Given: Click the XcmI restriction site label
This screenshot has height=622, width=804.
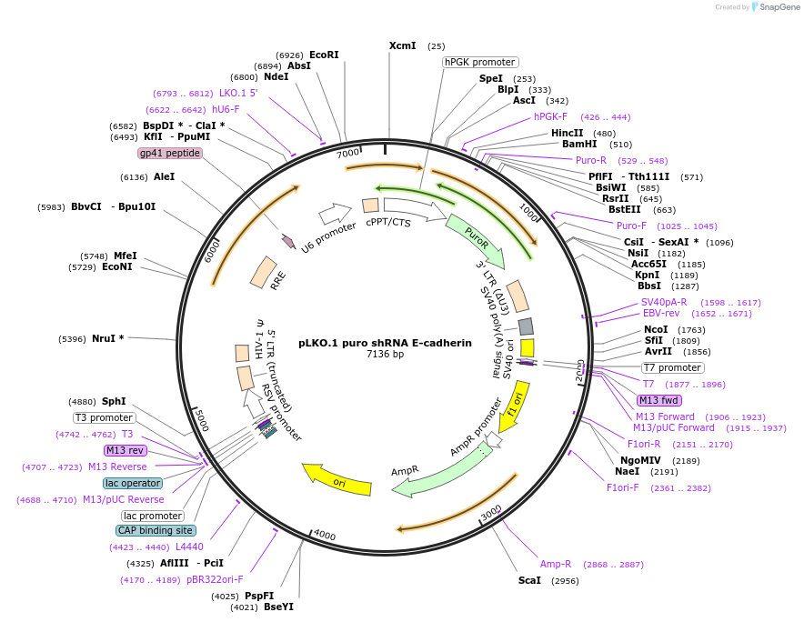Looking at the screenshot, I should tap(402, 45).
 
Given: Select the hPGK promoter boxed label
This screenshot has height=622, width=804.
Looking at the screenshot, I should tap(480, 62).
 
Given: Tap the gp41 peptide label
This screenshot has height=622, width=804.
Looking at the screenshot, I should tap(169, 153).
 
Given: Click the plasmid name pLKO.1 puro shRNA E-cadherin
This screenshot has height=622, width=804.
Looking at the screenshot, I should tap(386, 343).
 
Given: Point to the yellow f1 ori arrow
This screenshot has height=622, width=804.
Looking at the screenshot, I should tap(514, 405).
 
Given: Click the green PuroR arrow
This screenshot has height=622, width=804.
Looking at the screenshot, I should tap(475, 237).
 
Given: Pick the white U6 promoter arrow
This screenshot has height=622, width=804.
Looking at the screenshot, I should tap(335, 215).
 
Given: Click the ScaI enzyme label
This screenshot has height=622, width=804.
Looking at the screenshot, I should tap(529, 579).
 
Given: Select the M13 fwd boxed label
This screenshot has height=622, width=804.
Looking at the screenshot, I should tap(659, 400).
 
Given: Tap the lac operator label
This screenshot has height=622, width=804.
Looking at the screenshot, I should tap(133, 483).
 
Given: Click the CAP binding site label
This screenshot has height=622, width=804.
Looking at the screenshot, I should tap(156, 530).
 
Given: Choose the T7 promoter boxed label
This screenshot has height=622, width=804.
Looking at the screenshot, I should tap(672, 367).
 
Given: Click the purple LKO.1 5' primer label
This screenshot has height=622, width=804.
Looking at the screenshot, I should tap(238, 93).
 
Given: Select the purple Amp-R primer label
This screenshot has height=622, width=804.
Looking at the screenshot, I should tap(556, 564).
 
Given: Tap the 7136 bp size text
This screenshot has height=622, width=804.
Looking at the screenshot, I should tap(386, 355).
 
